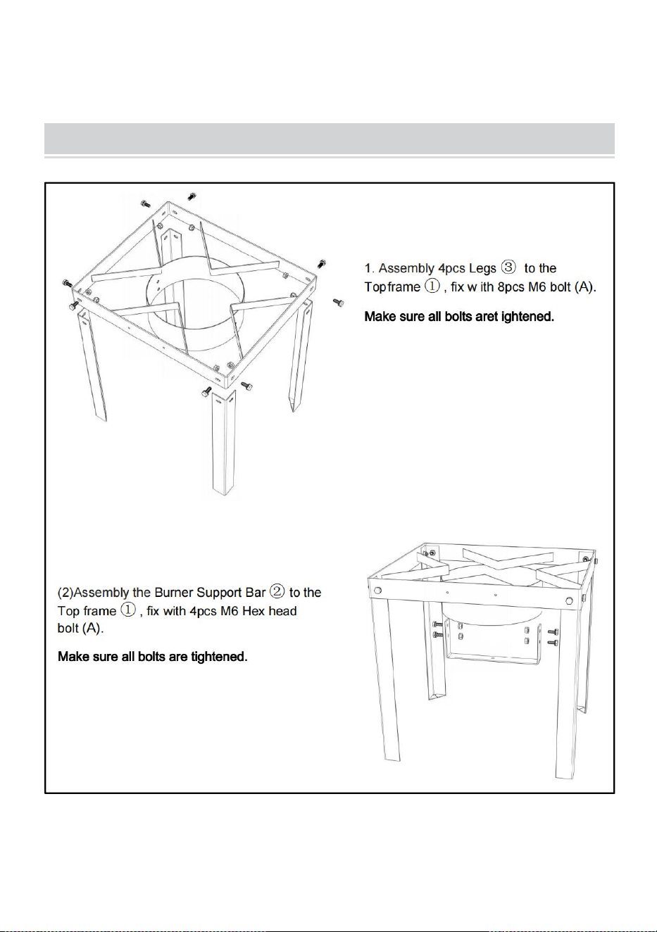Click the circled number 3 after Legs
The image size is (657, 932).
tap(508, 267)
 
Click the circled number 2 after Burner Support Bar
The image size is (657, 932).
tap(277, 591)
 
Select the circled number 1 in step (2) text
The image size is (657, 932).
tap(128, 610)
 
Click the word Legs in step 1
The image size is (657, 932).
tap(482, 268)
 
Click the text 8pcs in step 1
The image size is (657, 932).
tap(511, 287)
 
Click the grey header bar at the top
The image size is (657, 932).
tap(330, 139)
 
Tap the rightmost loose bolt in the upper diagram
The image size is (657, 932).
tap(338, 302)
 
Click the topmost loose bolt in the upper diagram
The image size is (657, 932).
tap(192, 196)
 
